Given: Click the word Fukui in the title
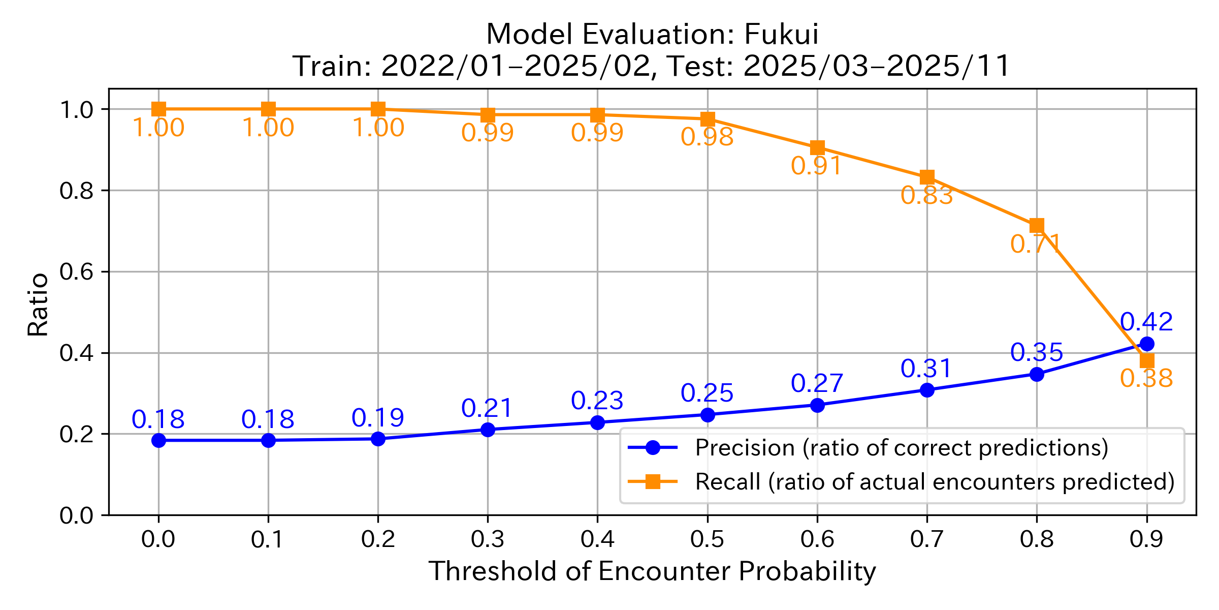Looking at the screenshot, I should point(781,35).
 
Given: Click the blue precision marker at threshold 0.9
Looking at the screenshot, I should point(1146,344).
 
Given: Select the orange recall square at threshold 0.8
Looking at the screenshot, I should point(1037,225).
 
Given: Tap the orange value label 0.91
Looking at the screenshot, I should point(817,166).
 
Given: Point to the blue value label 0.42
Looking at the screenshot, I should point(1146,322).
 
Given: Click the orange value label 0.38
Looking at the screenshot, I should point(1146,379).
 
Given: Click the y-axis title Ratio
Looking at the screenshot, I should point(38,305).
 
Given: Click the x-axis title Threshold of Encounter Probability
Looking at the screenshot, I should point(652,571).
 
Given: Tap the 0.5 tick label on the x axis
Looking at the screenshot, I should point(707,539).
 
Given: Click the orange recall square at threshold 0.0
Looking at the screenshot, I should point(158,109).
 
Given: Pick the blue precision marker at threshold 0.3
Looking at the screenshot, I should point(488,430).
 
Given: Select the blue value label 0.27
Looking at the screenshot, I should point(817,384).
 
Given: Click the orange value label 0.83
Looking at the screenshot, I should point(926,196).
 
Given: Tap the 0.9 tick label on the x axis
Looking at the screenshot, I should point(1146,539).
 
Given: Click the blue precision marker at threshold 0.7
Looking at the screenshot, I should point(927,390).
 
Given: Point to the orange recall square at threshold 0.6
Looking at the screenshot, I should point(817,148).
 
